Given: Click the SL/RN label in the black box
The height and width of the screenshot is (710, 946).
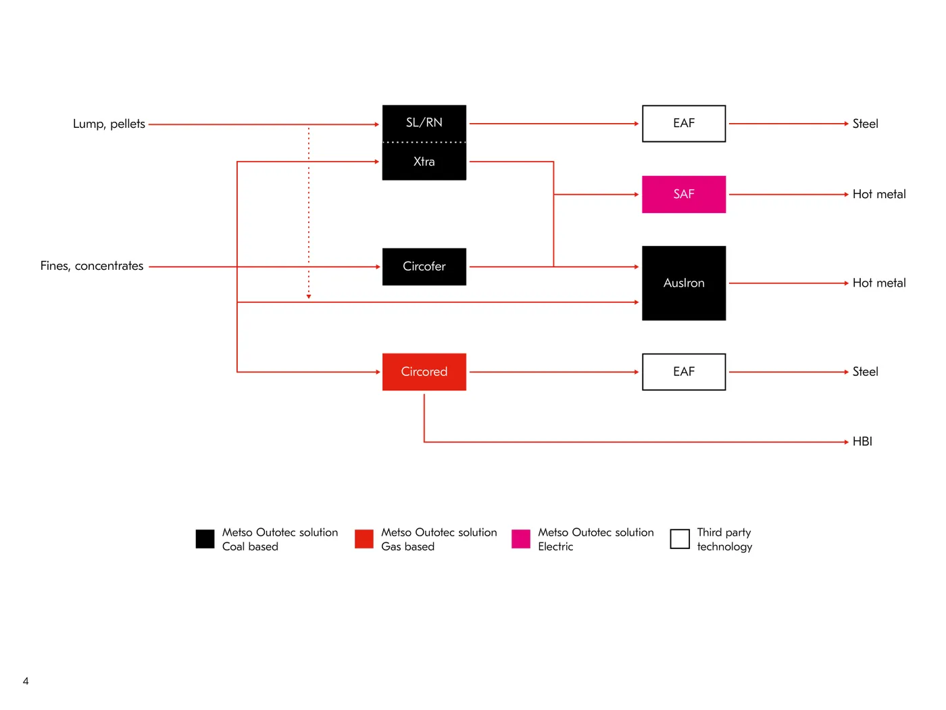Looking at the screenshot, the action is (424, 122).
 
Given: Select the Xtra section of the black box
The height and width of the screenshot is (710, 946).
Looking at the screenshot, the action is (424, 161).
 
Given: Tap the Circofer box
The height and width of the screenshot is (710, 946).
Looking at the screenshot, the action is (424, 266).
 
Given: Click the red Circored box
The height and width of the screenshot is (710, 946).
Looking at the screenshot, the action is (424, 372).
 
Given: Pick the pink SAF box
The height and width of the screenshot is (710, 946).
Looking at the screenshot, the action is (684, 194).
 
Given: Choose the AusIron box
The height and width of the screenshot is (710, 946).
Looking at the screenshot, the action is (684, 283).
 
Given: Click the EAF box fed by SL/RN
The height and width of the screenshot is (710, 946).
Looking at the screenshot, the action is (684, 123).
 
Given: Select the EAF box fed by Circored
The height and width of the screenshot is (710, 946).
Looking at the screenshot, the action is (684, 372).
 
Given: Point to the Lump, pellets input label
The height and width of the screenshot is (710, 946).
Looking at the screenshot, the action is (109, 124).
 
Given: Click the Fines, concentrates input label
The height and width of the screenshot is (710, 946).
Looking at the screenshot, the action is (92, 266).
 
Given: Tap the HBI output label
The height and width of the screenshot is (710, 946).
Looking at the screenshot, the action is (862, 442).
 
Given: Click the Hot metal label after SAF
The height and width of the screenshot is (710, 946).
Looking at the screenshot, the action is (879, 194).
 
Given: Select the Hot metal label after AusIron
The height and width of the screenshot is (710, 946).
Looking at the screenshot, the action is (879, 283).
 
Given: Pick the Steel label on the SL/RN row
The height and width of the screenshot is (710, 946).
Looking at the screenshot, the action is (865, 124).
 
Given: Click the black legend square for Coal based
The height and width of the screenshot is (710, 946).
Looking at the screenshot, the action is (205, 539).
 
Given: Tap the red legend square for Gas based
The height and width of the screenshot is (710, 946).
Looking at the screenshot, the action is (364, 539).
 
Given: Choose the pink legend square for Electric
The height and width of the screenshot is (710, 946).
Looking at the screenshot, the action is (520, 539).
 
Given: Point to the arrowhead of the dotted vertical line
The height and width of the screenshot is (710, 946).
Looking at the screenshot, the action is (309, 297).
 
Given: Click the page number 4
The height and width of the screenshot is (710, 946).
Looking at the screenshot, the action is (26, 681).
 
